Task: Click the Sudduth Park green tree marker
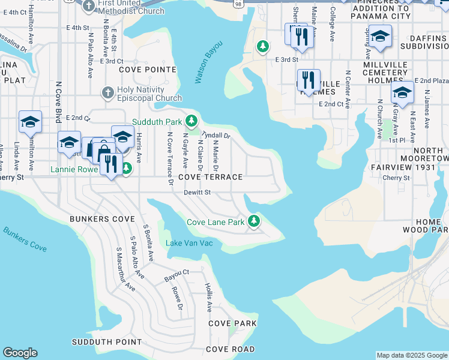(x=191, y=121)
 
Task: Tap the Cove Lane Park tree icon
(x=255, y=221)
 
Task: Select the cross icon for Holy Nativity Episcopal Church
(x=107, y=92)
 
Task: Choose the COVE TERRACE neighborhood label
(x=210, y=177)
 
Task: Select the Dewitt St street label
(x=197, y=193)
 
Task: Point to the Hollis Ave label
(x=208, y=298)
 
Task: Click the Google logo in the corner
(x=20, y=353)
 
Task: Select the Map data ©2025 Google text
(x=411, y=355)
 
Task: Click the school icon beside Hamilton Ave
(x=30, y=122)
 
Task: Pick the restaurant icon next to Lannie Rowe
(x=109, y=164)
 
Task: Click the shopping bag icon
(x=103, y=151)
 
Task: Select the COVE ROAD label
(x=230, y=349)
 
